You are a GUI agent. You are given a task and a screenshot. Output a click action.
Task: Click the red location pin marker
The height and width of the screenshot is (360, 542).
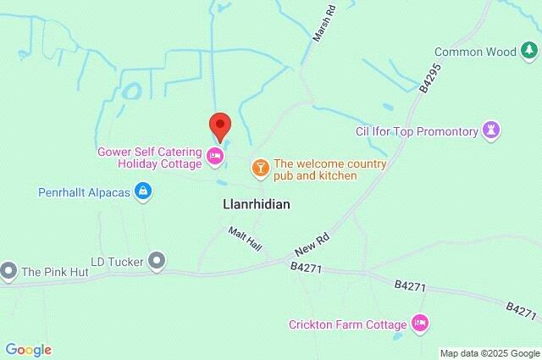pos(220,126)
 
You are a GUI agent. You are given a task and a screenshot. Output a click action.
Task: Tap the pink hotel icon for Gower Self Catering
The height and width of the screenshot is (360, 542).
pos(215,155)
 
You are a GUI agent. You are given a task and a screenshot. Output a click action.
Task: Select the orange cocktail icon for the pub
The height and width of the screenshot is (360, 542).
pos(260,168)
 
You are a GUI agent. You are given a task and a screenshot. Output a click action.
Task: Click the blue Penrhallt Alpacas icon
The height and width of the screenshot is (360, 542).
pos(143,192)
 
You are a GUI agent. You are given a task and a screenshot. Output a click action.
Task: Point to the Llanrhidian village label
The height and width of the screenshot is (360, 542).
pos(257,205)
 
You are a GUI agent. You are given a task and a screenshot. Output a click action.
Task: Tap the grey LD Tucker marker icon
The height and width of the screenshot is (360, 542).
pos(156,260)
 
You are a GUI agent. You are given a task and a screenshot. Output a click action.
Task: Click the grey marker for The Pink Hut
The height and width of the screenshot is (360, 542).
pos(8,271)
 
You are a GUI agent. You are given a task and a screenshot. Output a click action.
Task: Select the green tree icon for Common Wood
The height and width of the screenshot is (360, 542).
pos(528,52)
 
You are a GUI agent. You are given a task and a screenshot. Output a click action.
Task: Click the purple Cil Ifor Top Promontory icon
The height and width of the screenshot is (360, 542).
pos(491,130)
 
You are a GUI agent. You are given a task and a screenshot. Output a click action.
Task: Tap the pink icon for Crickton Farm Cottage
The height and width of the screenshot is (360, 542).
pos(418,323)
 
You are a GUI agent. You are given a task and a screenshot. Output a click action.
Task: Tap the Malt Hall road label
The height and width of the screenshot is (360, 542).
pos(246,238)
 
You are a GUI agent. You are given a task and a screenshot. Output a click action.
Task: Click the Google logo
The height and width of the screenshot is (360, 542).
pos(28,350)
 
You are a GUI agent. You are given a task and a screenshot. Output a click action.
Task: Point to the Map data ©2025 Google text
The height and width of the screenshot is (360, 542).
pos(489,353)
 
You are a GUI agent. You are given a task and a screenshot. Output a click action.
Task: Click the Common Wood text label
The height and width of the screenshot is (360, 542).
pos(474,52)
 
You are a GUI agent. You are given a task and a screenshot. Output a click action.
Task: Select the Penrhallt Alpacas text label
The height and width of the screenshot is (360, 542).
pos(85,192)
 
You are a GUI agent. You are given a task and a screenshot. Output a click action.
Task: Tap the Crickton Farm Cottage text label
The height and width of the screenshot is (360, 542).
pos(348,323)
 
